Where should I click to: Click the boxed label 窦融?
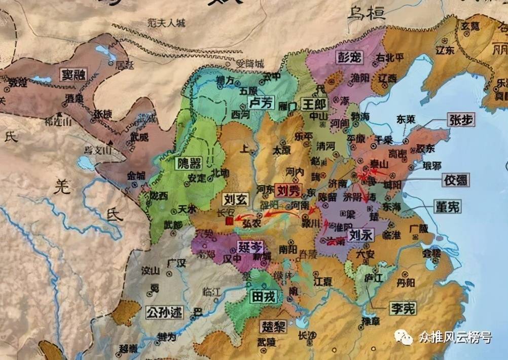click(73, 75)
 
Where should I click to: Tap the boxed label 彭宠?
click(350, 57)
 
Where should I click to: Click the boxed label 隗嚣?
click(188, 163)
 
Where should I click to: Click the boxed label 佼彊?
click(455, 179)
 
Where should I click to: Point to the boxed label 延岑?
click(250, 247)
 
